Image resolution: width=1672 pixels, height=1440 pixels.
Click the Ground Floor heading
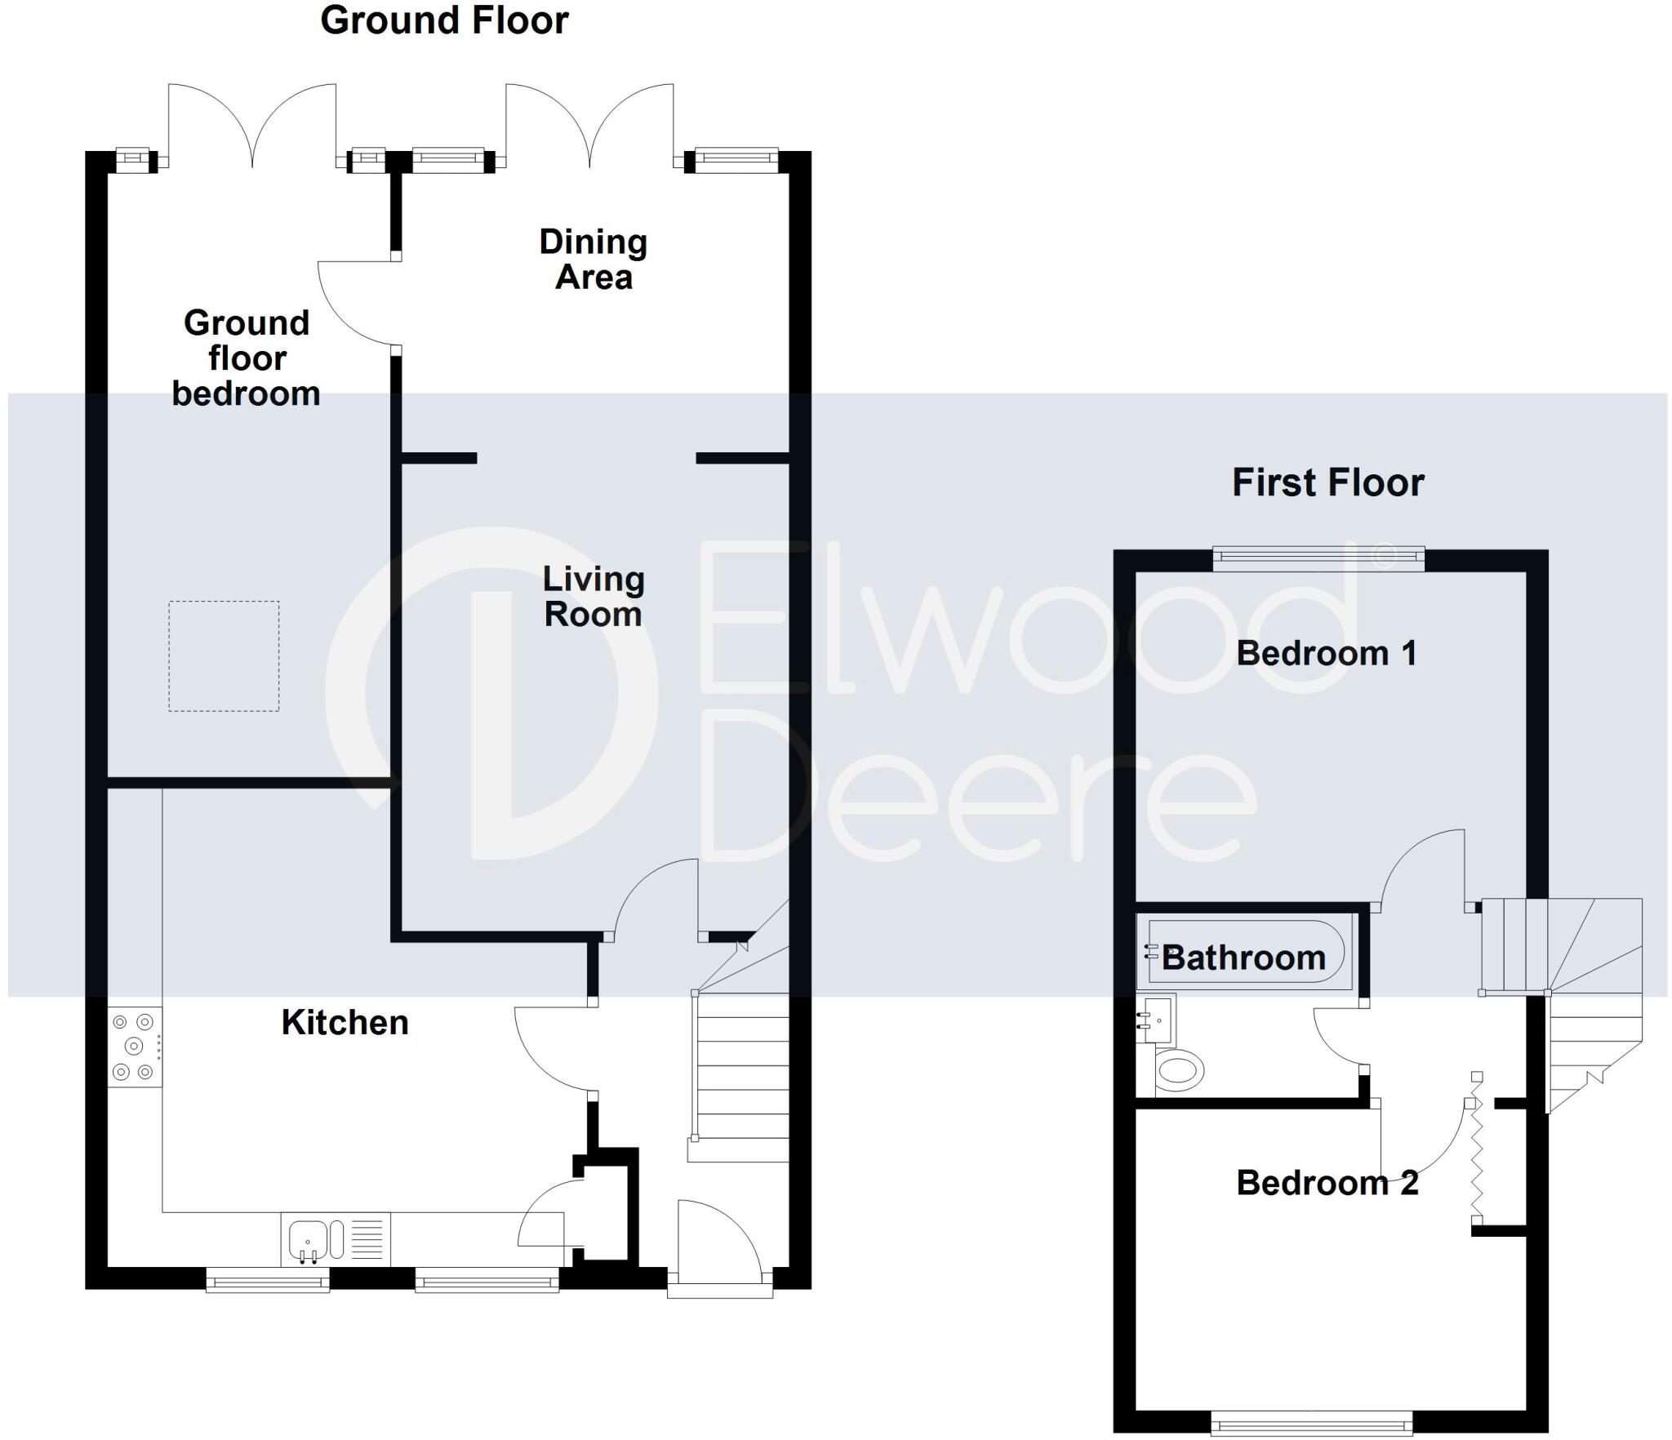[x=444, y=20]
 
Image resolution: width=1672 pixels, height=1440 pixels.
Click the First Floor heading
[x=1327, y=482]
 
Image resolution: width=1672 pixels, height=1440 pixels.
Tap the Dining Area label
[x=594, y=260]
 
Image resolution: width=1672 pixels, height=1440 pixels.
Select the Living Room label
[x=594, y=597]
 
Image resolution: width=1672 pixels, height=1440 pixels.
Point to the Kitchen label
[x=345, y=1023]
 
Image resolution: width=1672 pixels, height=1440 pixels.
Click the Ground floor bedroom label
[x=246, y=358]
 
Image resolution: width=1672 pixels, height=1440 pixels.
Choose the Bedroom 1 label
[x=1326, y=653]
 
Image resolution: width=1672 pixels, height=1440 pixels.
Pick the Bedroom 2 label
[x=1327, y=1183]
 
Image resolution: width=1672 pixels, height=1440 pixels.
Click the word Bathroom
[x=1243, y=958]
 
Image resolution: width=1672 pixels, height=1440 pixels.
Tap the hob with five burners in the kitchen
[x=135, y=1046]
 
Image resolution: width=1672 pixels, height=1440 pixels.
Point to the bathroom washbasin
[x=1156, y=1020]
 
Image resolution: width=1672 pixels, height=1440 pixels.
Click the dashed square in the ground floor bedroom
[x=224, y=656]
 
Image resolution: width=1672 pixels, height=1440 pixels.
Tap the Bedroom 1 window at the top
[x=1318, y=558]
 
